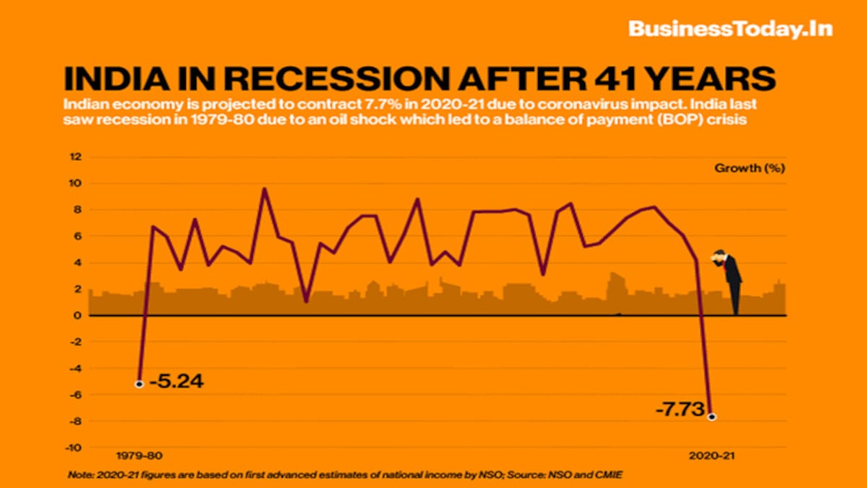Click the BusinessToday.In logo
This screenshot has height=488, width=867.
click(730, 29)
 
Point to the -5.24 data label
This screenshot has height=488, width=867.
click(176, 382)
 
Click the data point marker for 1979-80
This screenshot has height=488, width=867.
click(139, 383)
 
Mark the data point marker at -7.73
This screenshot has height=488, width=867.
click(712, 416)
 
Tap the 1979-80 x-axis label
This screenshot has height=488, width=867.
click(139, 455)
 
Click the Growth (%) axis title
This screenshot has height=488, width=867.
click(749, 168)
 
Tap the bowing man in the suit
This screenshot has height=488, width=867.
click(730, 278)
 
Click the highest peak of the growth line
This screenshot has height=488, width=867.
click(264, 189)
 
